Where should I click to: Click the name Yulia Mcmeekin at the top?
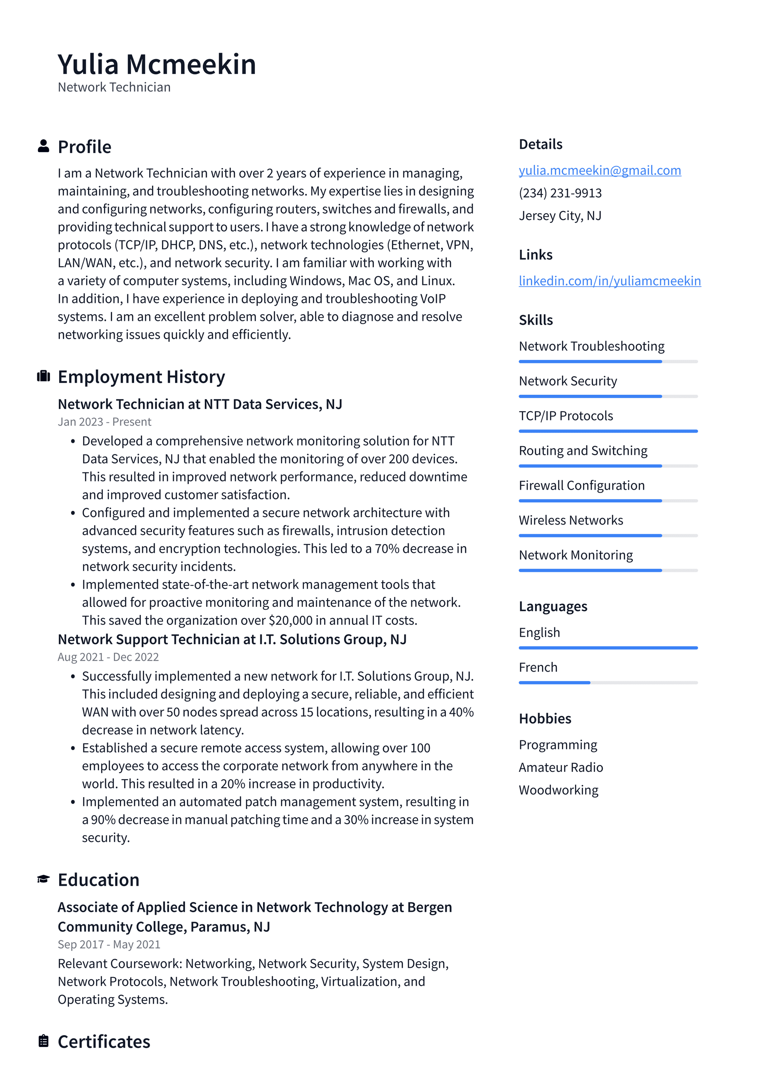[157, 64]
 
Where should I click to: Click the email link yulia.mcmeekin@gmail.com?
[600, 170]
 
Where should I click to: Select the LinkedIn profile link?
[610, 281]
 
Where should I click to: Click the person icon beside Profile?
[43, 146]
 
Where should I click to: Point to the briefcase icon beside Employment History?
[43, 376]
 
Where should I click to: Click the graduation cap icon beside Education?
[43, 879]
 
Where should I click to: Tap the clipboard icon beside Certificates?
[43, 1041]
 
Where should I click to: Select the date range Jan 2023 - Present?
[104, 421]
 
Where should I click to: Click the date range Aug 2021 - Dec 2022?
[108, 657]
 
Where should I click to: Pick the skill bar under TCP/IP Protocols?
[608, 431]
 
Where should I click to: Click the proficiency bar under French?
[608, 683]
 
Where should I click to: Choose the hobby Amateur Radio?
[561, 767]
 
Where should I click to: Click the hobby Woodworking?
[558, 790]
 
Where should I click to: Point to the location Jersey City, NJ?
[560, 216]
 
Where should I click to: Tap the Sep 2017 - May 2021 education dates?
[109, 944]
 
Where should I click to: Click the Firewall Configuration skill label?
[581, 485]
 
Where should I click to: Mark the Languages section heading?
[553, 607]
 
